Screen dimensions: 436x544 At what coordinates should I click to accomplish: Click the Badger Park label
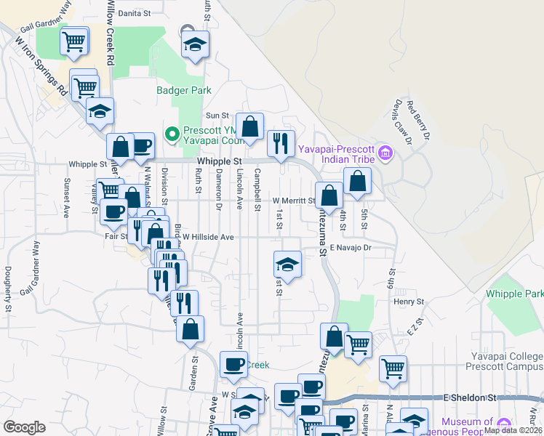tap(184, 91)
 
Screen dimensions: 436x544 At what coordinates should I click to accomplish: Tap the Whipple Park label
tap(514, 294)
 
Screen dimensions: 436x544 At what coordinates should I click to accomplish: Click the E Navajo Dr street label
tap(351, 248)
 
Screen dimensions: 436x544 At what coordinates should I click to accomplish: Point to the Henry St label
tap(409, 301)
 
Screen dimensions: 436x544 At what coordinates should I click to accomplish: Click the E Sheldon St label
tap(469, 398)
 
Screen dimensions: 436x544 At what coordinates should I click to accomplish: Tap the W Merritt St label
tap(294, 201)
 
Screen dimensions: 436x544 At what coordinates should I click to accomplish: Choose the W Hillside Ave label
tap(208, 237)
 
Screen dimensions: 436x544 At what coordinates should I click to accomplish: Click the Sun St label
tap(217, 115)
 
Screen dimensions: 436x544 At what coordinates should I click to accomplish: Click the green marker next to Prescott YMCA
tap(172, 133)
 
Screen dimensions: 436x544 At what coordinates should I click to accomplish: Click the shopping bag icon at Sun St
tap(250, 126)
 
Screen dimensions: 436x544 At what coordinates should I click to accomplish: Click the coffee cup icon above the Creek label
tap(233, 364)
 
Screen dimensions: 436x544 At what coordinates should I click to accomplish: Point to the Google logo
tap(24, 427)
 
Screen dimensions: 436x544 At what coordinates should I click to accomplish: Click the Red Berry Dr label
tap(419, 121)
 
